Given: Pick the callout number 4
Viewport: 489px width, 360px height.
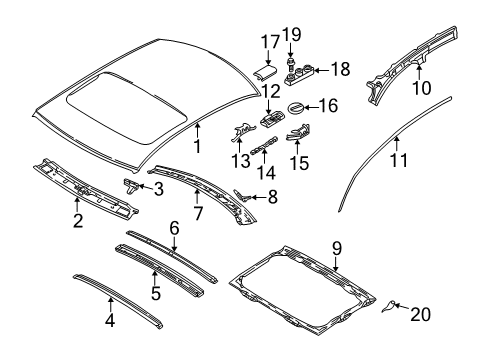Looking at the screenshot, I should tap(110, 322).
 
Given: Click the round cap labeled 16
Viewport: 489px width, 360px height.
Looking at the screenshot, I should tap(297, 106).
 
